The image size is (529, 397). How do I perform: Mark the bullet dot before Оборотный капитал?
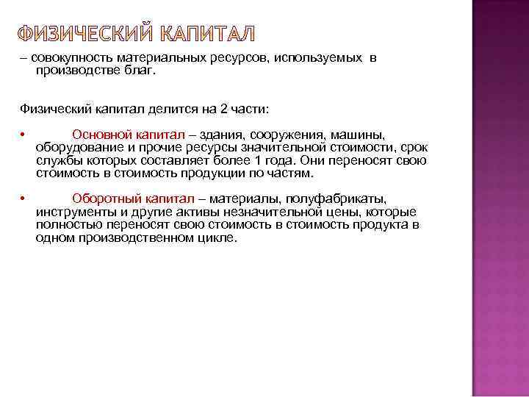coord(24,199)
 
